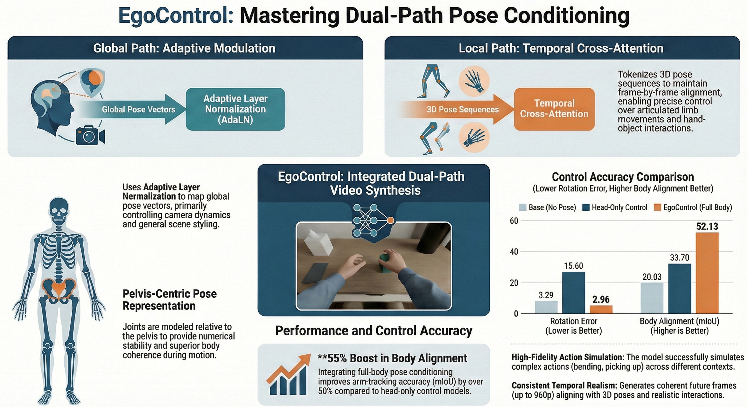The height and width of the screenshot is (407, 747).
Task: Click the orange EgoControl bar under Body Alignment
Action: pyautogui.click(x=707, y=273)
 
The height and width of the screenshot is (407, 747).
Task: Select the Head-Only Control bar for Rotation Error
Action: pyautogui.click(x=573, y=293)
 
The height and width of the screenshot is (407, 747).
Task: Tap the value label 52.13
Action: pyautogui.click(x=707, y=226)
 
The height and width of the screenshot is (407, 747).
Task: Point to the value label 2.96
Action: pyautogui.click(x=601, y=299)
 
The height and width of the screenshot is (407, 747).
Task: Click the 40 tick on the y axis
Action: pyautogui.click(x=514, y=252)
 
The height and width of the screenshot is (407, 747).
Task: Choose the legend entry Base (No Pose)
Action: pyautogui.click(x=547, y=207)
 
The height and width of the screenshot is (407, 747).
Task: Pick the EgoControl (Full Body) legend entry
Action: pyautogui.click(x=693, y=207)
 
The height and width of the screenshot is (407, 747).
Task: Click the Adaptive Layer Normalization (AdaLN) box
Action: pyautogui.click(x=235, y=109)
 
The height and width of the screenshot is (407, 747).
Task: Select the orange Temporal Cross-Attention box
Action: pyautogui.click(x=554, y=109)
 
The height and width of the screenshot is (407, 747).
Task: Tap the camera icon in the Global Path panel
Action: pyautogui.click(x=90, y=135)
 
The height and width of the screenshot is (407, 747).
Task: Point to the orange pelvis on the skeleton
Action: pyautogui.click(x=59, y=288)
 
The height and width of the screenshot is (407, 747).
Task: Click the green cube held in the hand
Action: pyautogui.click(x=385, y=263)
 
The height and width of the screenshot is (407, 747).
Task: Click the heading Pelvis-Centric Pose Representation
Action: pyautogui.click(x=170, y=300)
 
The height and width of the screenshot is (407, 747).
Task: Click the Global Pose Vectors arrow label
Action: pyautogui.click(x=139, y=109)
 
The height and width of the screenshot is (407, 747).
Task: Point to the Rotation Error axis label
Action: pyautogui.click(x=573, y=326)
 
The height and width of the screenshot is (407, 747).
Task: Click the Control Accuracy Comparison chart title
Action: pyautogui.click(x=623, y=177)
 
